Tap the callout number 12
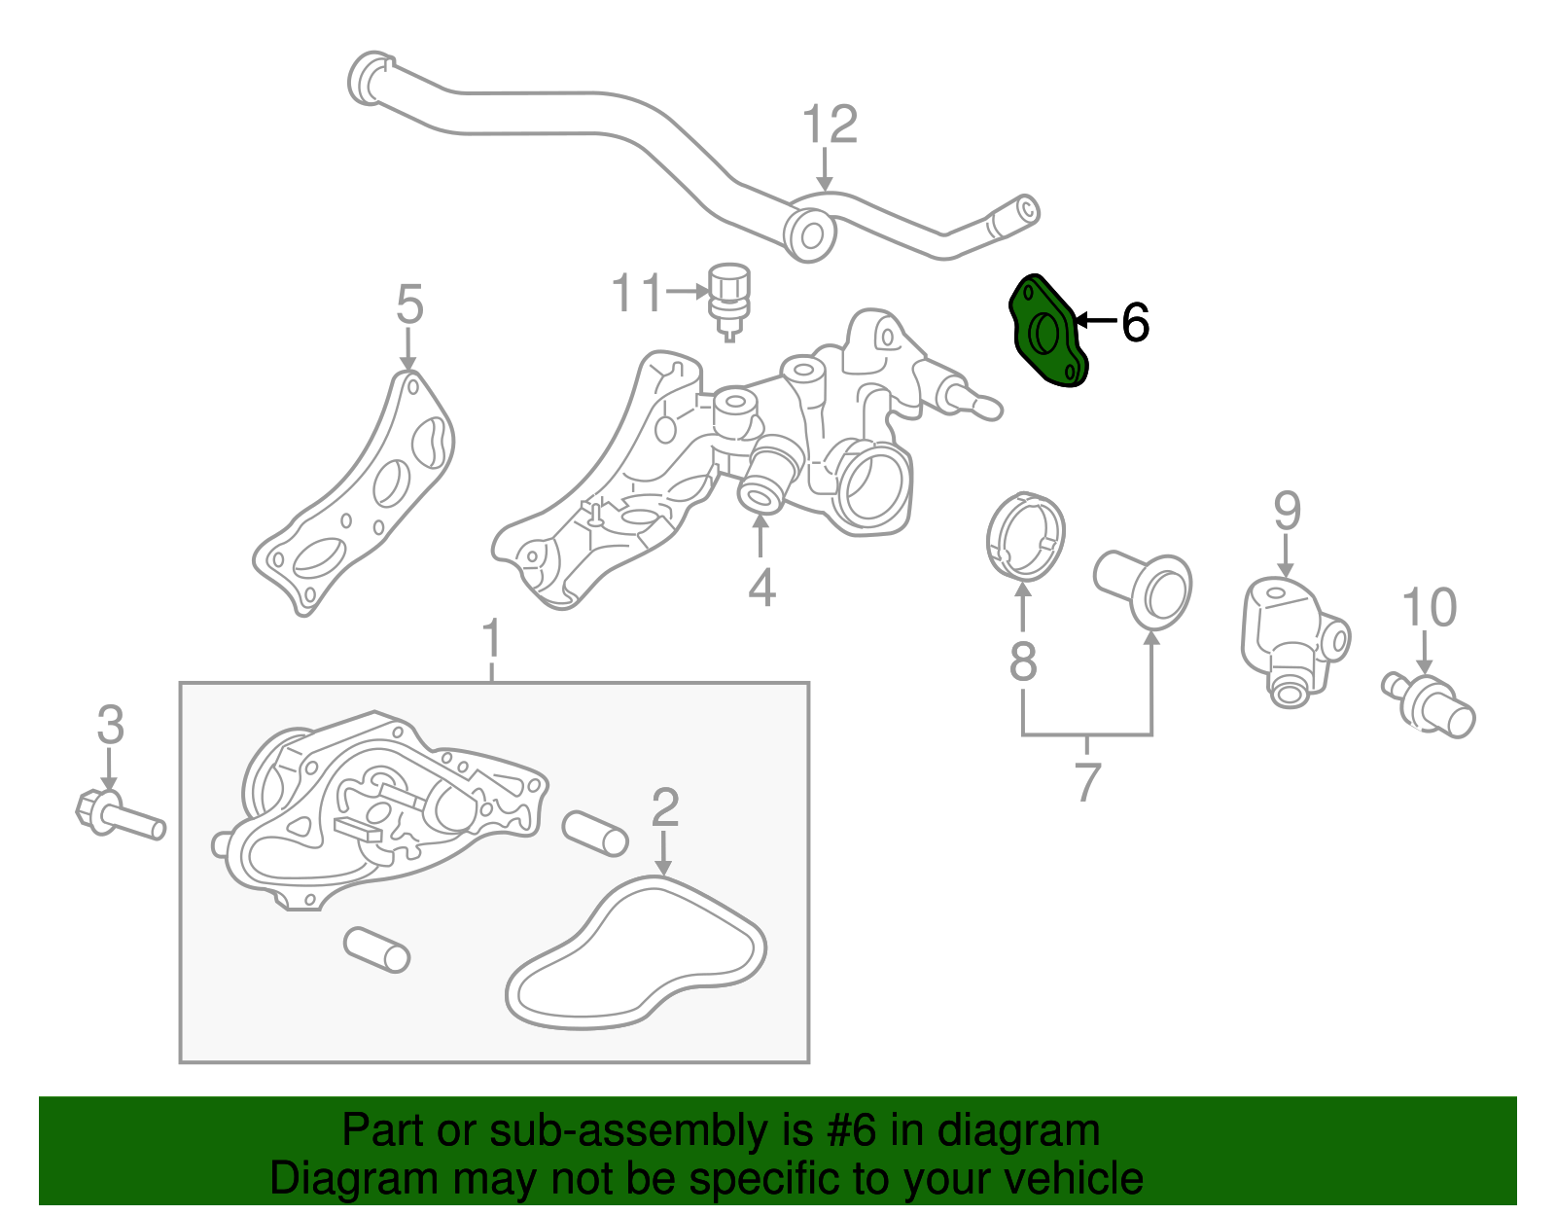pos(830,125)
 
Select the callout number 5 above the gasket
pos(409,304)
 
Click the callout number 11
pos(637,293)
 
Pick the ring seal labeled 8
pos(1025,537)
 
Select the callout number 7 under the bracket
pos(1087,781)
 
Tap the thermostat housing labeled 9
pos(1289,637)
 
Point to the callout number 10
pos(1429,608)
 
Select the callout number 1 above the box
pos(491,640)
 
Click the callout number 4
pos(761,588)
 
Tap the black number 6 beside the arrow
pos(1135,323)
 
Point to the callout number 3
pos(110,726)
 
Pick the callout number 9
pos(1287,511)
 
